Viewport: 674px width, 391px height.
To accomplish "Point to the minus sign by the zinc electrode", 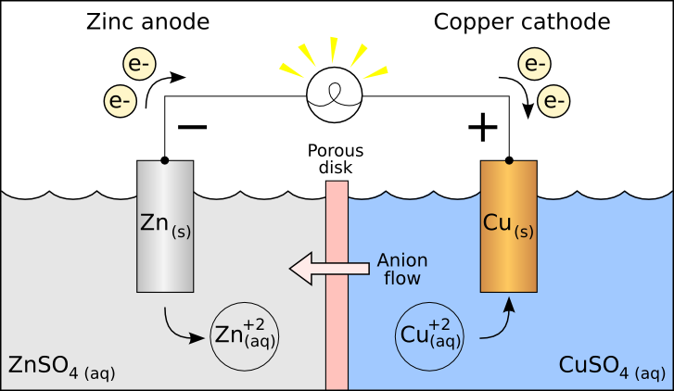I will tap(192, 128).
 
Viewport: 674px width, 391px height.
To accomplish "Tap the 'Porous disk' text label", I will tap(336, 159).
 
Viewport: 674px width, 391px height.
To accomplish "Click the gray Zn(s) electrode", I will tap(165, 226).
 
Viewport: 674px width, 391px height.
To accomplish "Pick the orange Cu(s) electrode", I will tap(508, 226).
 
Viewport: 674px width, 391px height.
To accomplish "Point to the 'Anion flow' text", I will tap(401, 269).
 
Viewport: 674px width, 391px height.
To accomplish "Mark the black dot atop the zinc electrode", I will tap(165, 160).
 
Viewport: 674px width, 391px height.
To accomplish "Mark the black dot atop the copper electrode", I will tap(508, 160).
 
